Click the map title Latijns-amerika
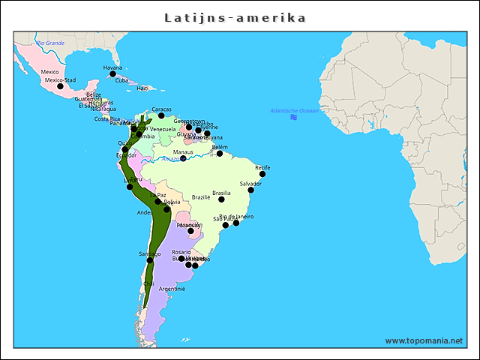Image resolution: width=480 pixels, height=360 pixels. (235, 17)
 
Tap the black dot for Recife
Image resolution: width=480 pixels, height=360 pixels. (262, 174)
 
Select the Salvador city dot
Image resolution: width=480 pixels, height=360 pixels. (251, 190)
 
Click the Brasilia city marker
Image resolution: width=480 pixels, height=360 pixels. (221, 199)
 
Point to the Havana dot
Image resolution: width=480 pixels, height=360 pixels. (112, 73)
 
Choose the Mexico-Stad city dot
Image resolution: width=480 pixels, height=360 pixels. (61, 86)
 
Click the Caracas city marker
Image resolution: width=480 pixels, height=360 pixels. (161, 115)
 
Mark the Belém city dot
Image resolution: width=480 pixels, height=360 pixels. (220, 154)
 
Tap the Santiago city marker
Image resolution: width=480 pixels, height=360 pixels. (150, 260)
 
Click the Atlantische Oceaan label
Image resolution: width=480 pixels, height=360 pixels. (294, 110)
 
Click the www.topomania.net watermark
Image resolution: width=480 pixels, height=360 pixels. (424, 341)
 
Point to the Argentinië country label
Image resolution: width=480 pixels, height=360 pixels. (172, 288)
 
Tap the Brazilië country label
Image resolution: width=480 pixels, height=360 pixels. (201, 197)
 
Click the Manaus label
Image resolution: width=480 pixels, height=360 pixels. (183, 151)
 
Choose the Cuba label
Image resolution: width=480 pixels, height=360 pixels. (121, 80)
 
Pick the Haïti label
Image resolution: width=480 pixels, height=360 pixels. (142, 88)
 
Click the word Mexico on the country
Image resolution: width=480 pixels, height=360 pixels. (49, 72)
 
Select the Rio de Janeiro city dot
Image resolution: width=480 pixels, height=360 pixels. (236, 223)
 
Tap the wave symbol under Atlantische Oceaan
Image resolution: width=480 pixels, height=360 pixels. (294, 117)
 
